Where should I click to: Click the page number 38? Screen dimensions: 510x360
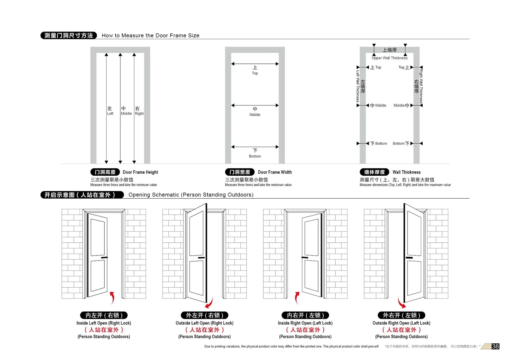coord(495,346)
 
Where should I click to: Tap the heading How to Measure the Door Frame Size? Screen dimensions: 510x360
coord(150,35)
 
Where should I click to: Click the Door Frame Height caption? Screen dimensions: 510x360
coord(140,172)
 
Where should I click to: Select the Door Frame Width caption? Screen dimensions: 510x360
coord(275,172)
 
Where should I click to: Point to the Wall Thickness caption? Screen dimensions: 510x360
coord(406,172)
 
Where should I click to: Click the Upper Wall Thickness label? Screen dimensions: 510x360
coord(390,58)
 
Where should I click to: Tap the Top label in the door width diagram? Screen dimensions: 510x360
coord(255,73)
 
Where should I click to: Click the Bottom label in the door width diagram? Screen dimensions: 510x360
coord(255,156)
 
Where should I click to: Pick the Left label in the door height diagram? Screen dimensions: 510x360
coord(110,114)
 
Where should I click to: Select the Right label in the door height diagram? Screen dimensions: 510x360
coord(139,114)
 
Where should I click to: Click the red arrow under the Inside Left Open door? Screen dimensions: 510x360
coord(112,298)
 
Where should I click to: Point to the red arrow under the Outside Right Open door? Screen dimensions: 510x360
coord(401,302)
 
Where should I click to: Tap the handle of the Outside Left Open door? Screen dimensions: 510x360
coord(201,258)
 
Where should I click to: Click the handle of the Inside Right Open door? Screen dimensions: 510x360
coord(305,258)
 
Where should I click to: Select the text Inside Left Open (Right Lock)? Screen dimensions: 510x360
coord(104,323)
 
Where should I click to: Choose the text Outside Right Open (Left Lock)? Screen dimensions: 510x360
coord(401,323)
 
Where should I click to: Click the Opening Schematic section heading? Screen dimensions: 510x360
coord(191,195)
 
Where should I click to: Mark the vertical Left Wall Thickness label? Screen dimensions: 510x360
coord(358,86)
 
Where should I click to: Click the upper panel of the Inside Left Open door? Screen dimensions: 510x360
coord(98,238)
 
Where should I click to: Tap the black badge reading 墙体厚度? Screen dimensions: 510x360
coord(374,172)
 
